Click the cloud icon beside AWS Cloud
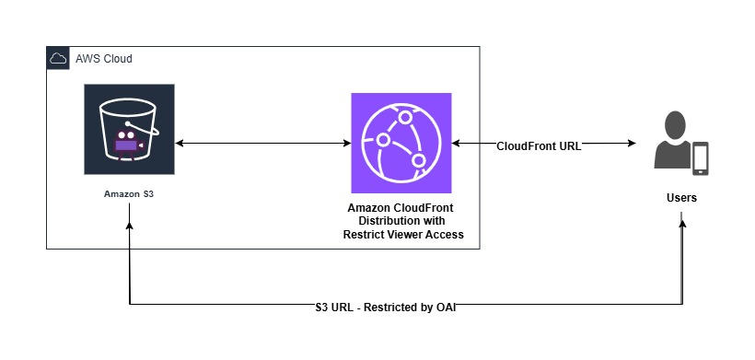[58, 58]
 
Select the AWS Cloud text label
[104, 59]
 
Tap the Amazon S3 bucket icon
[129, 129]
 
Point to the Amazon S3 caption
[129, 194]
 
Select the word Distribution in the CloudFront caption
[376, 222]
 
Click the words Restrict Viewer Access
[398, 235]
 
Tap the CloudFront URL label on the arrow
[539, 145]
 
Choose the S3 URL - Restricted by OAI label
[385, 306]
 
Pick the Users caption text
[681, 198]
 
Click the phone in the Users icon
[701, 157]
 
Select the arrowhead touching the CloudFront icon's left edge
[345, 144]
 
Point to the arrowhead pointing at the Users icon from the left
[632, 144]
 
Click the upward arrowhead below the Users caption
[682, 217]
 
